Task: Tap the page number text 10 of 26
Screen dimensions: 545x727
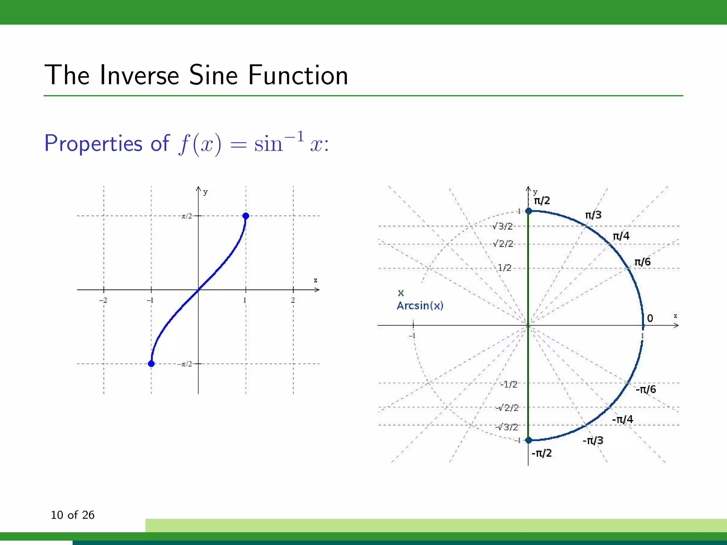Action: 72,515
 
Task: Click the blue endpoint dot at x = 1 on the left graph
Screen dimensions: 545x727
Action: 246,216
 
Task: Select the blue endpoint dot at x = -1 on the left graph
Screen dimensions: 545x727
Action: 151,364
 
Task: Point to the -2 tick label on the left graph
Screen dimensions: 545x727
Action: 103,300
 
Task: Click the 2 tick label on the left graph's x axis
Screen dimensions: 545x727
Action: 293,300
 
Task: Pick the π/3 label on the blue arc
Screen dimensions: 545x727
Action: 593,215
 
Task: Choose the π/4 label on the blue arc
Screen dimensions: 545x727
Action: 621,236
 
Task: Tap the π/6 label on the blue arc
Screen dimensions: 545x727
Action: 642,262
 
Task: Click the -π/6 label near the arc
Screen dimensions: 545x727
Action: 646,390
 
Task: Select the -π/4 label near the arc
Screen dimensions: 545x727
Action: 622,419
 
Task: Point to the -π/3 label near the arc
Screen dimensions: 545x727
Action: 593,441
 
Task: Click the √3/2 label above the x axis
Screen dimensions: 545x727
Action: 503,226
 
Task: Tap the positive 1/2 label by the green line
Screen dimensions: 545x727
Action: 504,268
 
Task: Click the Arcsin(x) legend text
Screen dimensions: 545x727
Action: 420,305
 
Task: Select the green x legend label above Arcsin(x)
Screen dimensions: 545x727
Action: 401,293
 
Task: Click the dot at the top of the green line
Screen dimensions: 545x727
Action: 529,211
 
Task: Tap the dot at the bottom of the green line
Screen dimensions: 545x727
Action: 529,440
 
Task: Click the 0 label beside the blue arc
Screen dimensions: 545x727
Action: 650,318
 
